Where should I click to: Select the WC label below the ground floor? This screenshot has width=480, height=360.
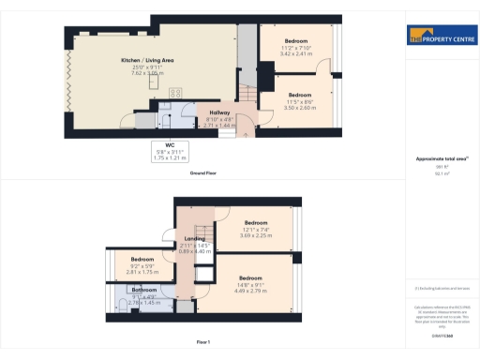tap(170, 144)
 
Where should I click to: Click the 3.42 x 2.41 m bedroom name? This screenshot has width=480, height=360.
tap(295, 42)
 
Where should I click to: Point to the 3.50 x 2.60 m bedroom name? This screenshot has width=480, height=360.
tap(299, 95)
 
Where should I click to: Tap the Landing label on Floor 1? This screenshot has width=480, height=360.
tap(194, 239)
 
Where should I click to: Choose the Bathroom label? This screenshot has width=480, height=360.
tap(143, 290)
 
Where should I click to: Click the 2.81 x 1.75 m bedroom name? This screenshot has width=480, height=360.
tap(142, 259)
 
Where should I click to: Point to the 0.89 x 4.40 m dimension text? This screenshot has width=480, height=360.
tap(194, 251)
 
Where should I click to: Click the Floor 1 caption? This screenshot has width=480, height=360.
tap(204, 343)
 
